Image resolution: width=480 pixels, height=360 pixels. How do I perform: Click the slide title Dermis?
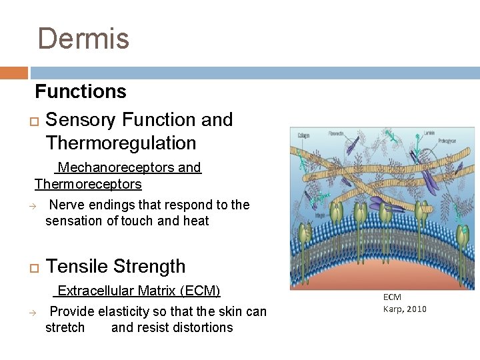pos(83,39)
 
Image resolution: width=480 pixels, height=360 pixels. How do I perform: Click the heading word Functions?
pos(81,91)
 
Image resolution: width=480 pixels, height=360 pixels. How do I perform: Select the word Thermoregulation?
pos(121,143)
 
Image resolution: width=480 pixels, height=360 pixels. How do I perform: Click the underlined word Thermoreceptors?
pos(88,183)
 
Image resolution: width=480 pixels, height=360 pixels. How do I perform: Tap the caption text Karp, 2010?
pos(405,309)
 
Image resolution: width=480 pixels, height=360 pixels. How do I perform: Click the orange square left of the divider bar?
pos(14,73)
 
